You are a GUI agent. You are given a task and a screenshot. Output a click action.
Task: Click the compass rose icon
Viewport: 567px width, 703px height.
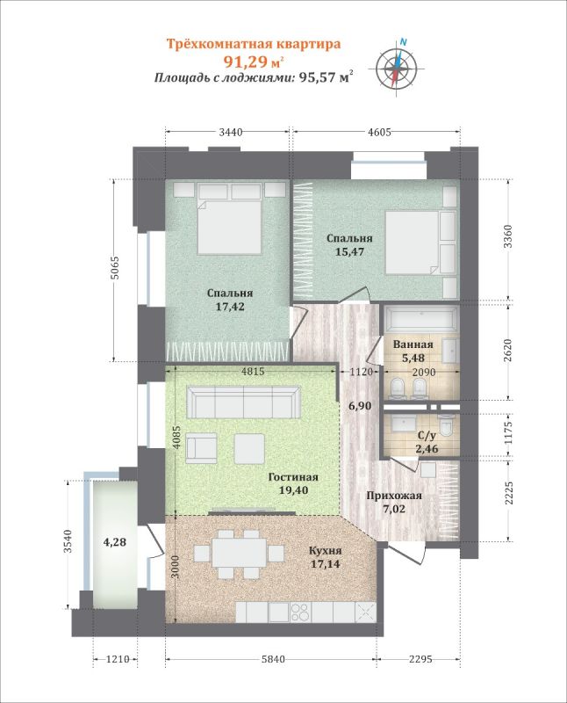click(x=396, y=68)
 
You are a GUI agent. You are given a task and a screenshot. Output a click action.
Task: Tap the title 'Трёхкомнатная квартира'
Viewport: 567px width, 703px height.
click(x=254, y=44)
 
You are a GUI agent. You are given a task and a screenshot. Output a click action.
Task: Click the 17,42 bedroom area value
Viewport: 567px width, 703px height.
click(x=230, y=307)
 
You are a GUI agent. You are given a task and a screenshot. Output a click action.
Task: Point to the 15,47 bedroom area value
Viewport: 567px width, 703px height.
click(x=350, y=251)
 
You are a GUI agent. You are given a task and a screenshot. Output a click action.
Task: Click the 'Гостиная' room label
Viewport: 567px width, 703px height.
click(x=293, y=477)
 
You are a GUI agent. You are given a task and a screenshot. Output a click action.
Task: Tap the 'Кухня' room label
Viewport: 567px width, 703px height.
click(x=326, y=551)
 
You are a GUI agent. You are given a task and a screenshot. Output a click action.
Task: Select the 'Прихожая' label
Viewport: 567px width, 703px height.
click(x=394, y=496)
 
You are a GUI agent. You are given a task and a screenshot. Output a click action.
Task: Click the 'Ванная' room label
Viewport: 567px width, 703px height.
click(x=413, y=344)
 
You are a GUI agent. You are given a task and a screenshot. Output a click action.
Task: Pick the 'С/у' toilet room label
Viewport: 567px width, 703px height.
click(x=427, y=435)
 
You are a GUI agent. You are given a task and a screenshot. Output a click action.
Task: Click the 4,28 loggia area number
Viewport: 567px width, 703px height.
click(x=115, y=542)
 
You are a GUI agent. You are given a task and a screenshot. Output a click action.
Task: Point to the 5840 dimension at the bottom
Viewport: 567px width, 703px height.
click(x=272, y=659)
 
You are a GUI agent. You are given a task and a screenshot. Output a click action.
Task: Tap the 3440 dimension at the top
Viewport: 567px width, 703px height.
click(x=231, y=132)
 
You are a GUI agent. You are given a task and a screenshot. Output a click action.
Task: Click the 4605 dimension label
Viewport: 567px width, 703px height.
click(x=379, y=132)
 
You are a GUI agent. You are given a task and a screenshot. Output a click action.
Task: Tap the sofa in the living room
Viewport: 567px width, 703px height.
click(x=244, y=402)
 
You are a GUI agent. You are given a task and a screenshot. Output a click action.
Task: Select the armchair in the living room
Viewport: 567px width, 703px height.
click(x=201, y=448)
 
